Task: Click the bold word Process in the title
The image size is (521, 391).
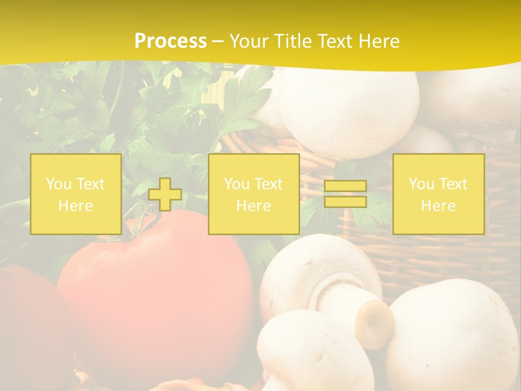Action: (x=170, y=41)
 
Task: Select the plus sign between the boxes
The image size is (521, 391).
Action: (x=165, y=194)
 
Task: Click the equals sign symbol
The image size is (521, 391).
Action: (x=345, y=194)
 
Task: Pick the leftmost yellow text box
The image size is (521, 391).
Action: (x=76, y=194)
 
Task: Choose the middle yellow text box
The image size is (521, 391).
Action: (x=253, y=194)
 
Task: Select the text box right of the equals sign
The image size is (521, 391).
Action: (x=438, y=194)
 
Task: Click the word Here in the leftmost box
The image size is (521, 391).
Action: (x=76, y=206)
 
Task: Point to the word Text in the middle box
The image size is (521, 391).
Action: (x=268, y=184)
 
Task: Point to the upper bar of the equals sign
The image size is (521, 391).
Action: (x=345, y=186)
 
